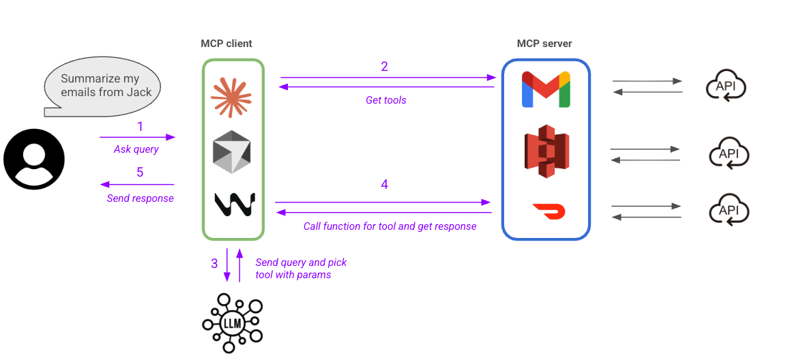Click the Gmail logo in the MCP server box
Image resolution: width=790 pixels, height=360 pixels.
point(546,89)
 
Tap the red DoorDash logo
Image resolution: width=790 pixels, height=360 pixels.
point(548,211)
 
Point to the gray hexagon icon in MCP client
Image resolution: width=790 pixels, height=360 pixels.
point(232,151)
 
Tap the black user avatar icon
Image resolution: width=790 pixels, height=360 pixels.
point(33,159)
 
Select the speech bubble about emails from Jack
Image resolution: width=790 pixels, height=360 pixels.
point(102,87)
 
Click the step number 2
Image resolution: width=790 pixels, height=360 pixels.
point(384,66)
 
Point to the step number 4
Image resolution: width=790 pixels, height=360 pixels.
point(384,184)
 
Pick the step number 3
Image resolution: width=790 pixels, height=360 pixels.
point(214,262)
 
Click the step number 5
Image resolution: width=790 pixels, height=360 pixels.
point(140,172)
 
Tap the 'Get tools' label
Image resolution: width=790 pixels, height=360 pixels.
point(386,100)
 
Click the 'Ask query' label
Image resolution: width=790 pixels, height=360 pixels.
point(136,149)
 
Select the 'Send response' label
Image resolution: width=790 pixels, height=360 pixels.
point(140,198)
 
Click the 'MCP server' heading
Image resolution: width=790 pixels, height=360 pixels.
point(544,44)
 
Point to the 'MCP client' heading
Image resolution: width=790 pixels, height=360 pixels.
point(226,44)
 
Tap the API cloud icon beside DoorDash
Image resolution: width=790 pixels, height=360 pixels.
point(729,211)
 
